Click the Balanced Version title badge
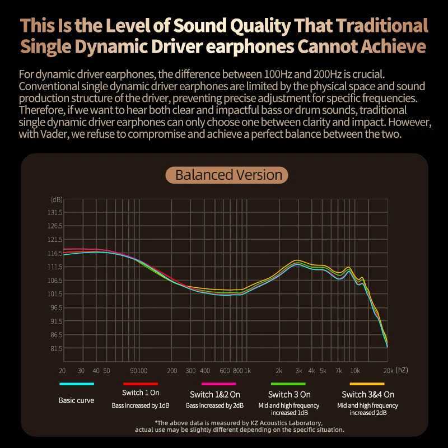coord(228,175)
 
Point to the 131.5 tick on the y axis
coord(55,213)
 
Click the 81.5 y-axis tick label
coord(56,348)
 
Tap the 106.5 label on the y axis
coord(55,281)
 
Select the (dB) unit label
coord(57,200)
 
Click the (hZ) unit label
coord(402,370)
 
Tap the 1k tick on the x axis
coord(247,371)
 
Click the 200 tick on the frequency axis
coord(172,371)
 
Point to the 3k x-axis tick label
coord(298,371)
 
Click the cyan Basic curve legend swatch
coord(77,384)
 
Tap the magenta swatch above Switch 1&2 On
coord(219,384)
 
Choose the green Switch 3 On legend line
coord(289,384)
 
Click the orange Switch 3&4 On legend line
coord(367,384)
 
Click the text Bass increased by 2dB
coord(215,405)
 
